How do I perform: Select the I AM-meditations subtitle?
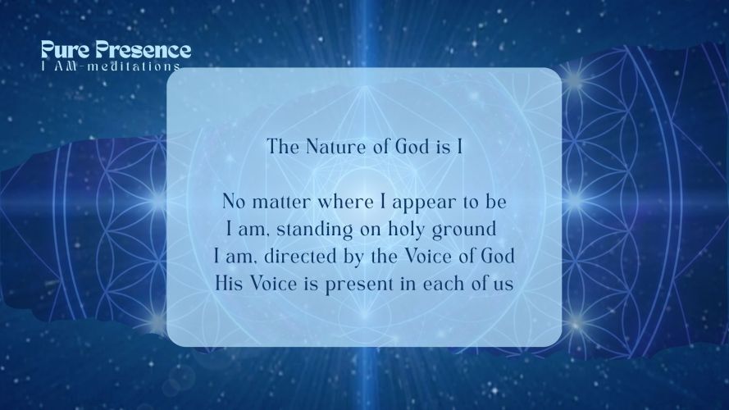[x=111, y=66]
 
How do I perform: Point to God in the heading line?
[x=412, y=147]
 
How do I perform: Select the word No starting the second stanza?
[x=234, y=203]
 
